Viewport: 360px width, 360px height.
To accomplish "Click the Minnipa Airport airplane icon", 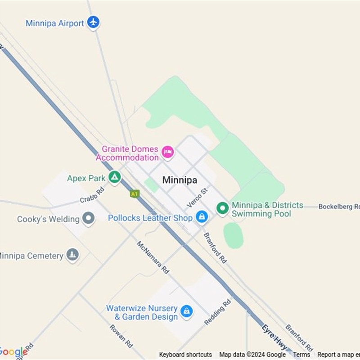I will coord(93,22).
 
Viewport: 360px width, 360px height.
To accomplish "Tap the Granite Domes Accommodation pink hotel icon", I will coord(167,152).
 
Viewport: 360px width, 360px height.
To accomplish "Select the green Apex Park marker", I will coord(115,178).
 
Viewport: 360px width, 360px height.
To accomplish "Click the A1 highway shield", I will coord(134,193).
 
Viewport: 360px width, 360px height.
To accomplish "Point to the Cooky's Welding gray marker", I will coord(89,219).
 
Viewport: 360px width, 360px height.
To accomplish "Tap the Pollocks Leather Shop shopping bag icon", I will coord(202,217).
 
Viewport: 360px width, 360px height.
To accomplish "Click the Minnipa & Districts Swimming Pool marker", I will coord(222,208).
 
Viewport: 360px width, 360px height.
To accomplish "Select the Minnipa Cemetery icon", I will coord(72,255).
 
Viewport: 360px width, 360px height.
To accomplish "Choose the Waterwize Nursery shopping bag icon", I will coord(186,311).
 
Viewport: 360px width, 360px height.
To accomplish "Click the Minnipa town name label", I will coord(180,180).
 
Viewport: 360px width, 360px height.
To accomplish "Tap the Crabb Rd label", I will coord(92,194).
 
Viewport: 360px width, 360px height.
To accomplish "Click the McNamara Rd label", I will coord(153,257).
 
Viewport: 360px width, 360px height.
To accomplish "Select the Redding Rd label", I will coord(217,312).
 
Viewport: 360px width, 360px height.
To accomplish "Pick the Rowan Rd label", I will coord(121,336).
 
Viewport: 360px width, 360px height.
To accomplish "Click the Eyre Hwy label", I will coord(274,336).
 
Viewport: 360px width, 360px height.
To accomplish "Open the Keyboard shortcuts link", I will coord(185,355).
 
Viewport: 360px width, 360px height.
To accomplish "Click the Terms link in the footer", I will coord(301,355).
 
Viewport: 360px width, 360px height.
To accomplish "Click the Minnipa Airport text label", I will coord(55,23).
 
